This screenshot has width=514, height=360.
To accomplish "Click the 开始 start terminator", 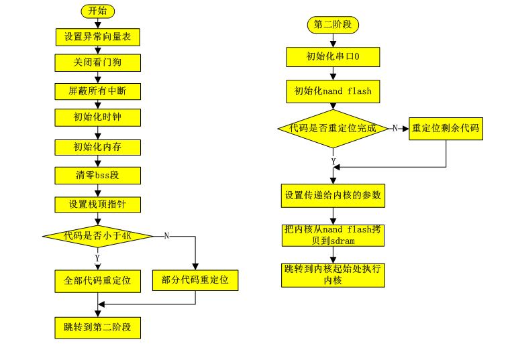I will pos(98,11).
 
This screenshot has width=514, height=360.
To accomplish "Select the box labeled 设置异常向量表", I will pos(97,37).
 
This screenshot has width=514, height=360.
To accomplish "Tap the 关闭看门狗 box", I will pos(97,63).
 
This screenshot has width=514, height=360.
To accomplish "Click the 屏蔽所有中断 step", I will pos(97,90).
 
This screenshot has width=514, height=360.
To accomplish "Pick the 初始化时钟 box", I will pos(97,118).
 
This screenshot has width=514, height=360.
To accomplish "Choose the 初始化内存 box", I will pos(97,146).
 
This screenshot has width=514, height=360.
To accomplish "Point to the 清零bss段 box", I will pos(97,175).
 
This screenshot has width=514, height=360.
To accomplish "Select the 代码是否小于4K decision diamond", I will pos(97,235).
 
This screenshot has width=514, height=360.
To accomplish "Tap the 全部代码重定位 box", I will pos(97,280).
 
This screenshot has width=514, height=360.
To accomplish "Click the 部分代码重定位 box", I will pos(195,280).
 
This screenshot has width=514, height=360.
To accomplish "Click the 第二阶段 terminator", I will pos(333,25).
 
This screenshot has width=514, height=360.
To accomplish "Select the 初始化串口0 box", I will pos(333,57).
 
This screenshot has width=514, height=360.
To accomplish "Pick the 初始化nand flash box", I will pos(333,91).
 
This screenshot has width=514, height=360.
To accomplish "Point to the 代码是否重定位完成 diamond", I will pos(333,127).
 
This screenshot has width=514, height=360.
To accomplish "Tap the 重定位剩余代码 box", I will pos(446,128).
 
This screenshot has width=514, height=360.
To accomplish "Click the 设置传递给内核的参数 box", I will pos(333,195).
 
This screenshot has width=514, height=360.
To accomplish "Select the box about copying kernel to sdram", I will pos(333,235).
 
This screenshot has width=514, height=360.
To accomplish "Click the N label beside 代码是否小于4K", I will pos(166,235).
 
